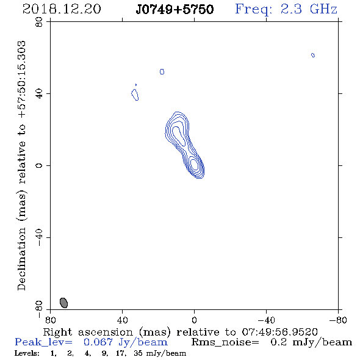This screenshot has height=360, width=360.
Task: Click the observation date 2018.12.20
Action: [62, 9]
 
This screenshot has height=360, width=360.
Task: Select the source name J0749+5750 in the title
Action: [175, 9]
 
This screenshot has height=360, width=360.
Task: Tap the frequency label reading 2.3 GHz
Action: [309, 9]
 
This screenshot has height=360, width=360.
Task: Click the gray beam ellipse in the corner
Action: [63, 303]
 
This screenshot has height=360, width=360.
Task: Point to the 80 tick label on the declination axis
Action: [39, 22]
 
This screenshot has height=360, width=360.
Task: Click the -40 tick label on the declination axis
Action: [39, 237]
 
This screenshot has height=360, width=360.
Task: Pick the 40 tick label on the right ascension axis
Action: [122, 320]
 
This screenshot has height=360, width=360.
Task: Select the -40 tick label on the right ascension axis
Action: [266, 320]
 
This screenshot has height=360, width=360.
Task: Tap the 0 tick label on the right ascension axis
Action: [194, 320]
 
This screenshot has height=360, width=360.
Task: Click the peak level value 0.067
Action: [98, 342]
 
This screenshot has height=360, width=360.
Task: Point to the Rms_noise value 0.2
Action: [279, 342]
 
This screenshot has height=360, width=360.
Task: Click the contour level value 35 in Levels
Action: [138, 353]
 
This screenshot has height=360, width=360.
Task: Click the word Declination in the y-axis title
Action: [21, 259]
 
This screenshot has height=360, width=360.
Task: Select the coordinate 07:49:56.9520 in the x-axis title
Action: [279, 332]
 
